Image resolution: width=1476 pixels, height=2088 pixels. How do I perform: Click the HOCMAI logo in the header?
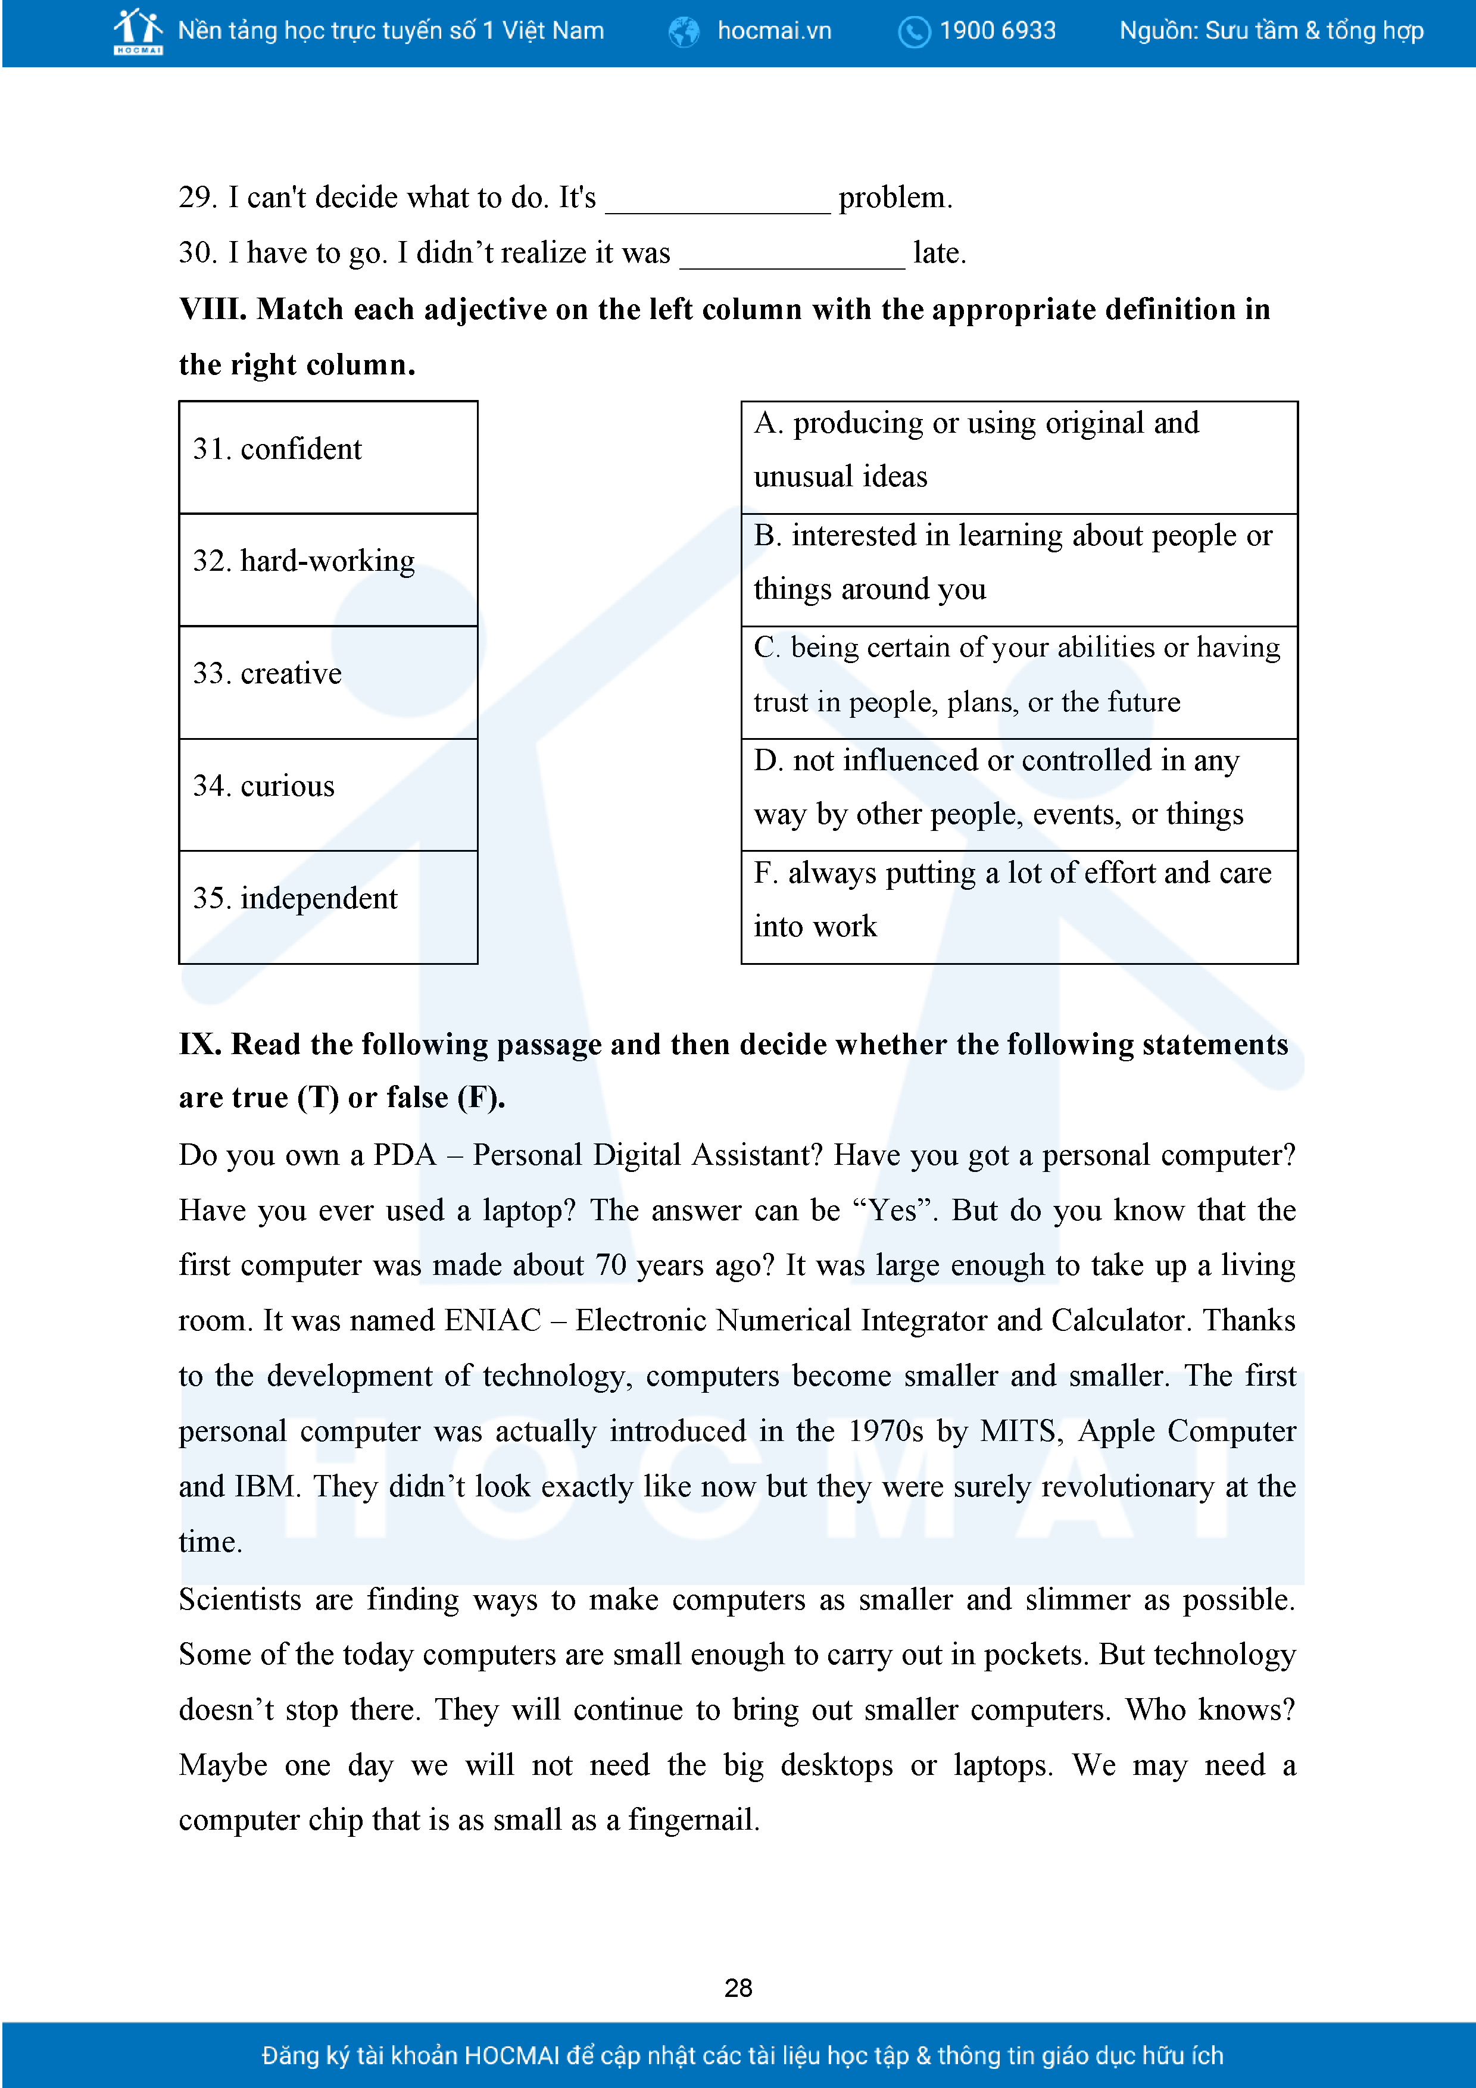(x=138, y=31)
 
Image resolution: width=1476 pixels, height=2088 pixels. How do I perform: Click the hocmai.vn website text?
(x=774, y=31)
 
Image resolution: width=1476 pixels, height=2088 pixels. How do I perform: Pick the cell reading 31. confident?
(x=328, y=458)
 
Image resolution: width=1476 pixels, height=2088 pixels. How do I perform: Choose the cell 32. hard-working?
(x=328, y=570)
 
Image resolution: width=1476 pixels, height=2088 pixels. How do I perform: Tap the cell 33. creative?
(x=328, y=682)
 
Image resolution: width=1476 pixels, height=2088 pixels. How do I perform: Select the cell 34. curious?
(x=328, y=795)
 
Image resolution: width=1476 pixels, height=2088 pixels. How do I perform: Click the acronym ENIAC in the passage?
(x=492, y=1320)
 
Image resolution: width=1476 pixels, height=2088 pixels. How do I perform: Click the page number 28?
(x=738, y=1988)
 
